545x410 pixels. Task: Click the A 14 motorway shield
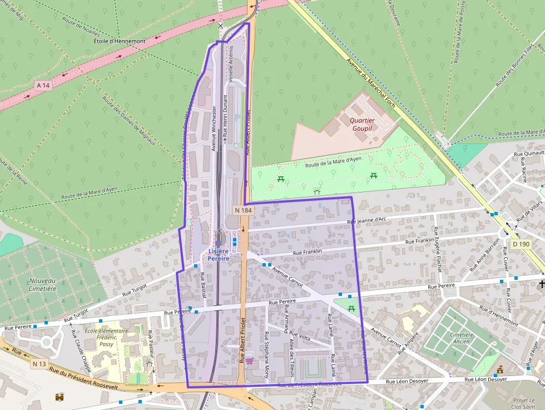43,85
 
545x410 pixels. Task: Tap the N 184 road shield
244,210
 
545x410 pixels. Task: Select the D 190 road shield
521,244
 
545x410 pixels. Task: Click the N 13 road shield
39,364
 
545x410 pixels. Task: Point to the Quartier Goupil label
362,124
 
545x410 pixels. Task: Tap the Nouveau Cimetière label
43,284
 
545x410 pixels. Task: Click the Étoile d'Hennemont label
120,41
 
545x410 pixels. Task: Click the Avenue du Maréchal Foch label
370,83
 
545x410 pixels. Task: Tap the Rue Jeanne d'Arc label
366,221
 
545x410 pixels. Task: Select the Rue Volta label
300,337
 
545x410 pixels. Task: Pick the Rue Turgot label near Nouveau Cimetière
135,286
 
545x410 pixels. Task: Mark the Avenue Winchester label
214,129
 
